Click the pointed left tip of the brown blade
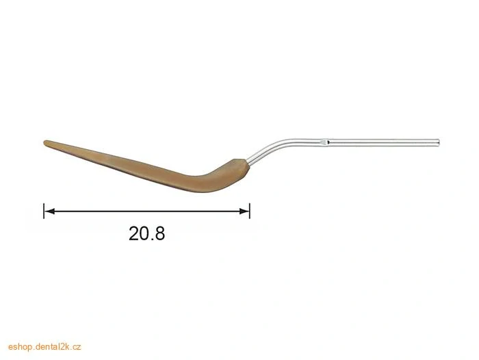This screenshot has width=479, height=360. [x=44, y=143]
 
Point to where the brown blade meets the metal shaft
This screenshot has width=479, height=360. [x=247, y=163]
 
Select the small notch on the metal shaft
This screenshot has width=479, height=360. [x=324, y=142]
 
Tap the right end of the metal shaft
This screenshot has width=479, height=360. [x=438, y=142]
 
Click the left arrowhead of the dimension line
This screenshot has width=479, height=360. [x=49, y=211]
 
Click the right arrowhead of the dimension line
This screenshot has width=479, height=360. [x=244, y=211]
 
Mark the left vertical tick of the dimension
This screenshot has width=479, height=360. [x=44, y=211]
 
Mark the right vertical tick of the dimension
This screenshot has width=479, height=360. [x=250, y=211]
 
